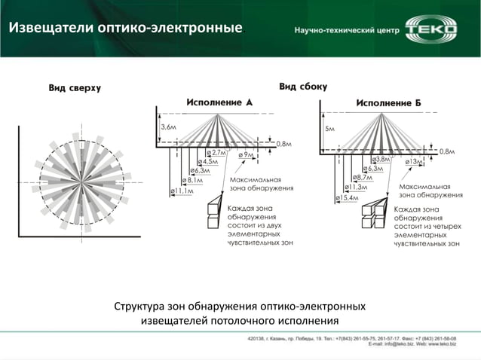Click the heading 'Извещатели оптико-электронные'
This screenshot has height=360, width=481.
125,29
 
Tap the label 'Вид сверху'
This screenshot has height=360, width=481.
75,88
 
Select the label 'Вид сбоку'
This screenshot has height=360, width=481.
303,87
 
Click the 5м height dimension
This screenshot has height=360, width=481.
329,128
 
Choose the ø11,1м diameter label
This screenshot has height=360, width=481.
182,191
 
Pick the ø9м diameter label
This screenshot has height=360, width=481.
246,155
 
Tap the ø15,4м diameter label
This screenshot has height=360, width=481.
348,197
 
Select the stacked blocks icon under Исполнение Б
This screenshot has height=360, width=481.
373,214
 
